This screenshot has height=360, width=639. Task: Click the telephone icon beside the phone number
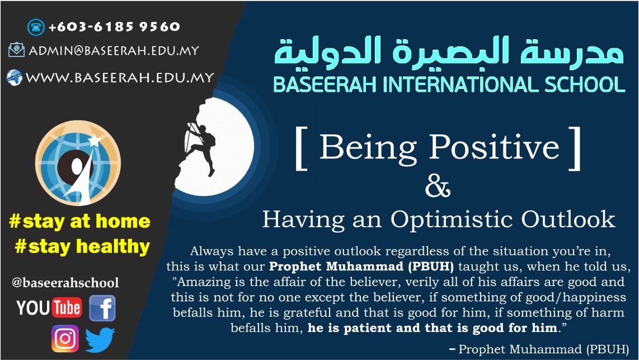coord(36,27)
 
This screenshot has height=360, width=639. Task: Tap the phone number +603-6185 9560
coord(114,27)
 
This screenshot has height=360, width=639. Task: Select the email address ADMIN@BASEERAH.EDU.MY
coord(114,50)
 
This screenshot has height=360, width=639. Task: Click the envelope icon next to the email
coord(16,50)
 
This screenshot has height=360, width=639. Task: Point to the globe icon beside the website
coord(14,77)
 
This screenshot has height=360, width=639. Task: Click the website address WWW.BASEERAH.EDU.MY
coord(120,77)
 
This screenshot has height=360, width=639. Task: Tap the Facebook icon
coord(102,308)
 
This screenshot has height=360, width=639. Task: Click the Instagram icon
coord(65,338)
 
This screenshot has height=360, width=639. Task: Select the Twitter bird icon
coord(100,340)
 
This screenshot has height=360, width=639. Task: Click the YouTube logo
coord(49,308)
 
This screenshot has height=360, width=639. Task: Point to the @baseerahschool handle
coord(65,283)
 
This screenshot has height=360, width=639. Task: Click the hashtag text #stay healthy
coord(82,247)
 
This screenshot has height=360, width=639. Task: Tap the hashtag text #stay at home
coord(80,221)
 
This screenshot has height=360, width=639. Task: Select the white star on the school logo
coord(94,140)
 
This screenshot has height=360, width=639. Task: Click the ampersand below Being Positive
coord(438,187)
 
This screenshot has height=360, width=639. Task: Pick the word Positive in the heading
coord(494,147)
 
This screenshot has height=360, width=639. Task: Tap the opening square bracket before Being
coord(300,148)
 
